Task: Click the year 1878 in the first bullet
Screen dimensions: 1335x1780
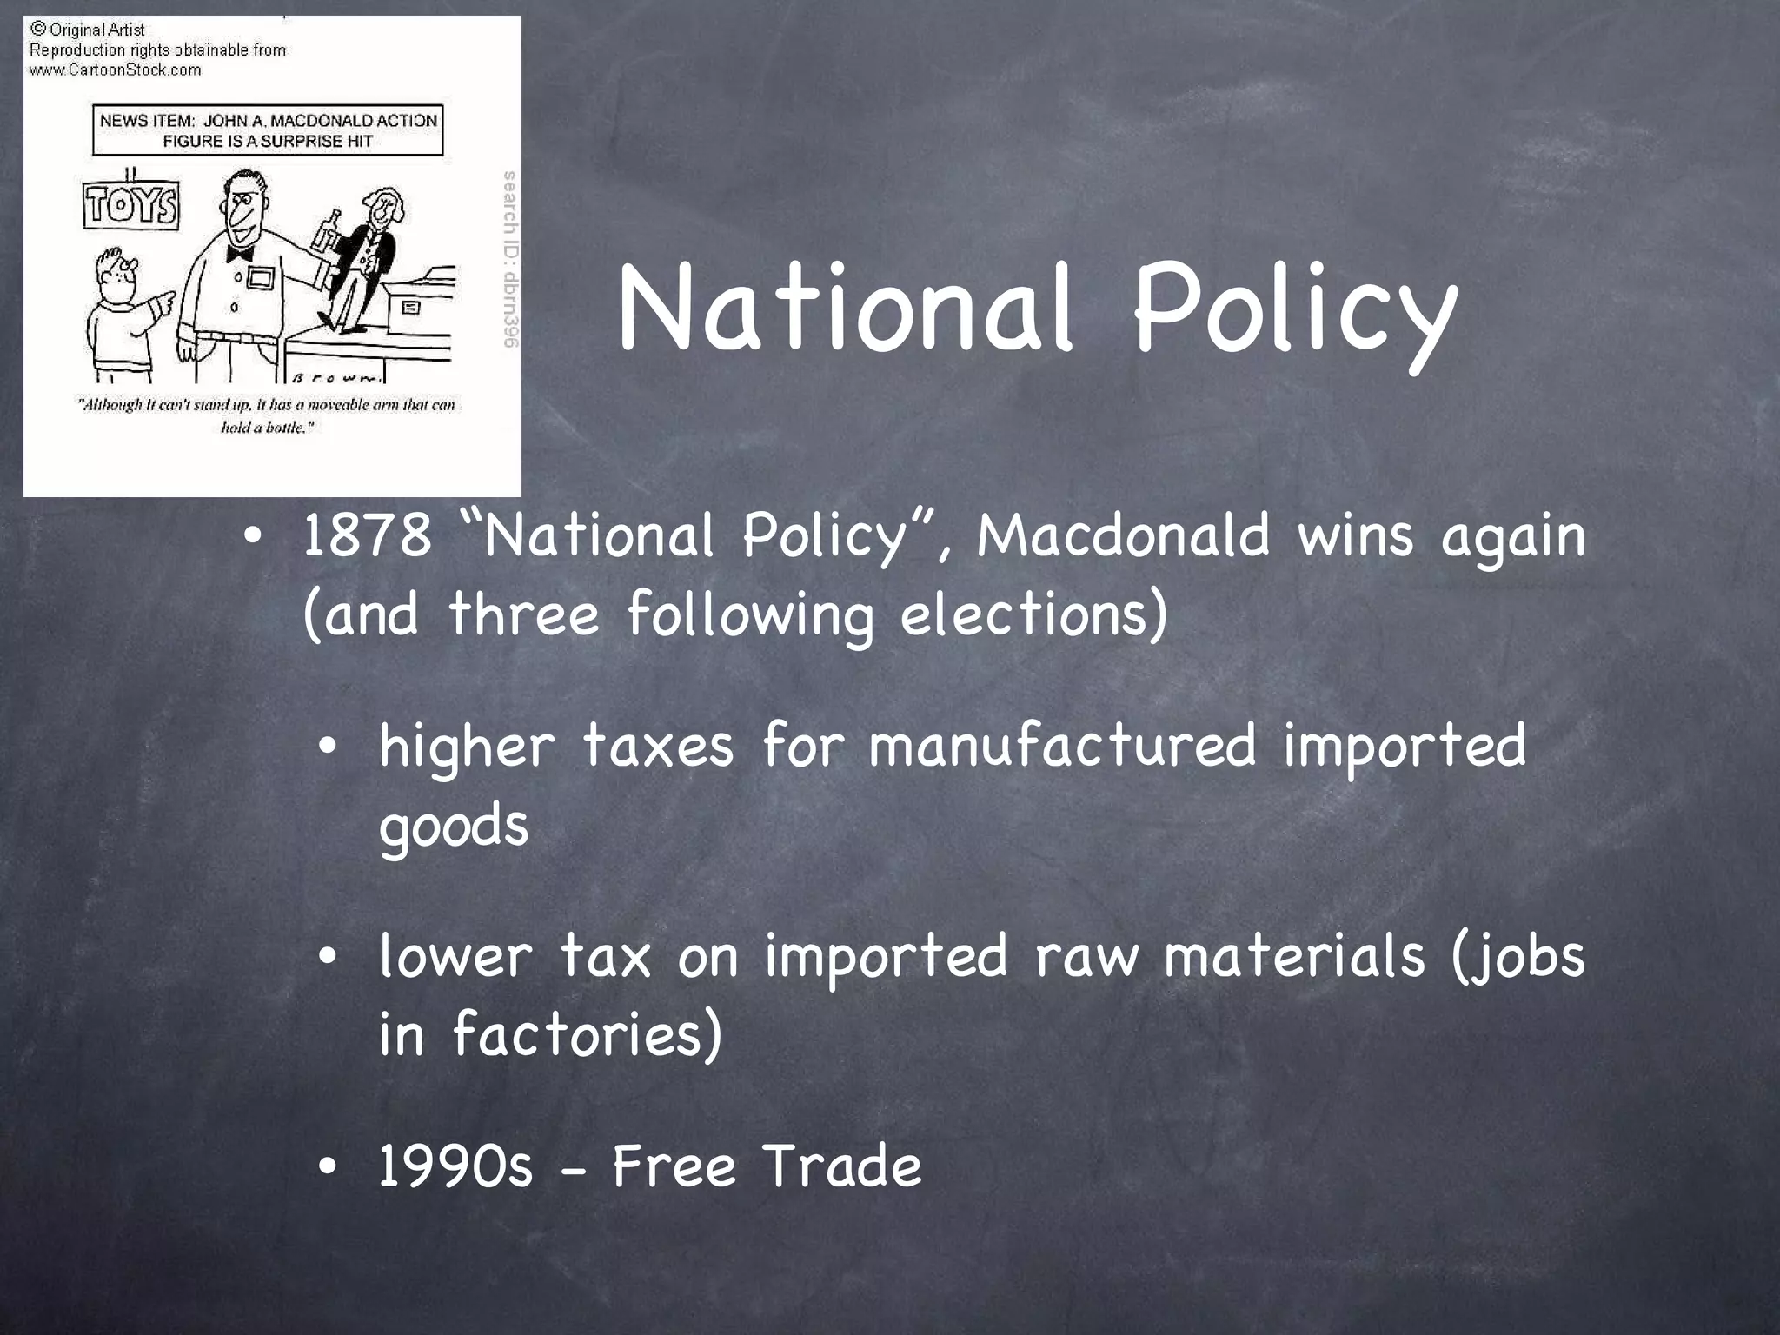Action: (366, 535)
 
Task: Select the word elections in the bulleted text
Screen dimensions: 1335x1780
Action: (1033, 614)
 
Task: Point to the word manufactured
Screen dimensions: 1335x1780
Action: (1062, 746)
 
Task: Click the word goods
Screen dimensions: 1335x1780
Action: (453, 826)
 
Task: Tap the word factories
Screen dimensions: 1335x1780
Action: (587, 1034)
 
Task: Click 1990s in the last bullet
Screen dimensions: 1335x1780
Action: (455, 1166)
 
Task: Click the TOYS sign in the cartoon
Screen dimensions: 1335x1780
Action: (131, 206)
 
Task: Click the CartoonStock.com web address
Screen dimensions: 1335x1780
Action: (116, 70)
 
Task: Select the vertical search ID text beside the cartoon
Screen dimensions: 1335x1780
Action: (510, 259)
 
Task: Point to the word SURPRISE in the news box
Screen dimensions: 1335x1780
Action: (304, 142)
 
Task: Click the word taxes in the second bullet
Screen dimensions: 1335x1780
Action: (657, 746)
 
